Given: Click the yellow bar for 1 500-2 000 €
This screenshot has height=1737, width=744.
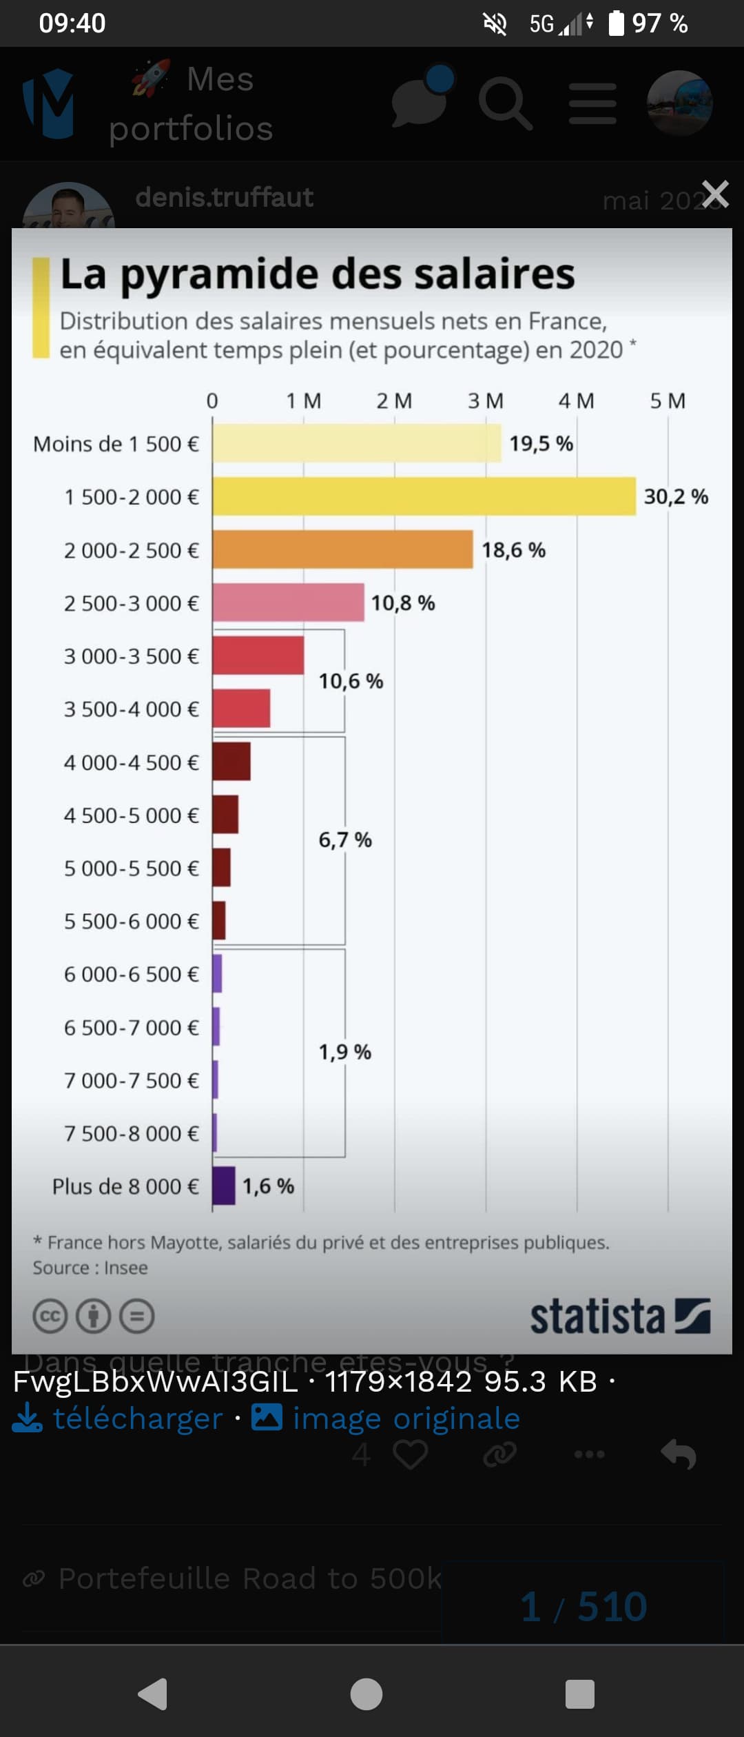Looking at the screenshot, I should [424, 496].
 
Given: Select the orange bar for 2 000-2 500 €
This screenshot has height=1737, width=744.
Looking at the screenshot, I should [342, 549].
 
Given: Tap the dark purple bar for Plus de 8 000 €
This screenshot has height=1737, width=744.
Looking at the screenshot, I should [224, 1186].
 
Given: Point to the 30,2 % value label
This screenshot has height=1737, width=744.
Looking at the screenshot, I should [676, 496].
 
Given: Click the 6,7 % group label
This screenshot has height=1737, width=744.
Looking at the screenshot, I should [344, 840].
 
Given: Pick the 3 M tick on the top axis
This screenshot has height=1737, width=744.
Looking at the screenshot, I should [486, 400].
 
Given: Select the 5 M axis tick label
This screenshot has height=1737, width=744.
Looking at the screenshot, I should [668, 400].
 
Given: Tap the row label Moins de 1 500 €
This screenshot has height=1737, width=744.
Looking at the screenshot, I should [116, 444].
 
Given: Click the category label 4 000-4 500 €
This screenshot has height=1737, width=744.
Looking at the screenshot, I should [131, 762].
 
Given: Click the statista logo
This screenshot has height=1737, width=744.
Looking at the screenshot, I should [619, 1317].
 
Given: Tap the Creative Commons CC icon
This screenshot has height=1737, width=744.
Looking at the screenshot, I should [50, 1317].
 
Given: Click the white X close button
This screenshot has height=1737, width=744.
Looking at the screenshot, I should [715, 194].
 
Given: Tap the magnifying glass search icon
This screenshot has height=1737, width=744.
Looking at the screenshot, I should [505, 103].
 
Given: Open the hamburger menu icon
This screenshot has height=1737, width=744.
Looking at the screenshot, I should [592, 103].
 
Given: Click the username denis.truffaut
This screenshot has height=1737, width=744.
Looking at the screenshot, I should [224, 197].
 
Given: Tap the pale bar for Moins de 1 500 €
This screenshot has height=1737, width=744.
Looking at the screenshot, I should [357, 443].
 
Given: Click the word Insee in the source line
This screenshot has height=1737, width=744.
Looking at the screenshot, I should [125, 1268].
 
